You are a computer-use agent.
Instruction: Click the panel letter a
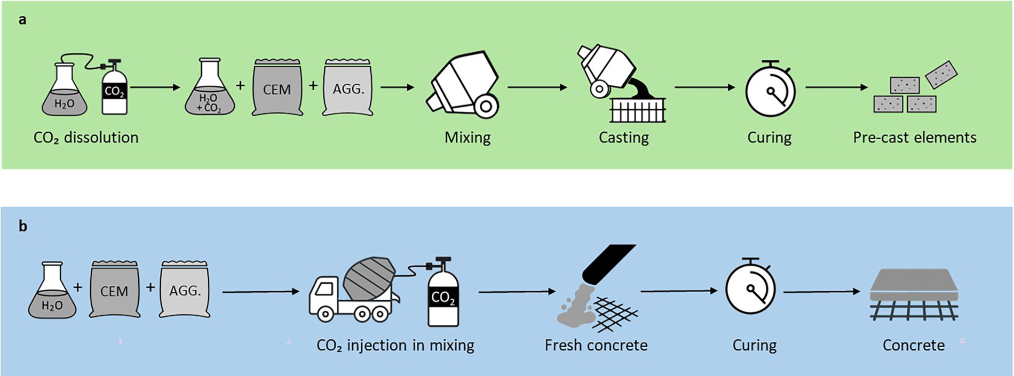pyautogui.click(x=22, y=20)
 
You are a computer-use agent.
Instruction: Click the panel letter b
pyautogui.click(x=23, y=226)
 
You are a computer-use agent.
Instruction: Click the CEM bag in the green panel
pyautogui.click(x=277, y=87)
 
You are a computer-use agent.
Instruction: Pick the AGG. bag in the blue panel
pyautogui.click(x=185, y=290)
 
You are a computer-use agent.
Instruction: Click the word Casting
pyautogui.click(x=623, y=138)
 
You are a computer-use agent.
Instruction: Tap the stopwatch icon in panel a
pyautogui.click(x=770, y=89)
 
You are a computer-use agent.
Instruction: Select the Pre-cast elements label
pyautogui.click(x=914, y=138)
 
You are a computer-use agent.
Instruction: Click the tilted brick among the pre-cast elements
pyautogui.click(x=941, y=74)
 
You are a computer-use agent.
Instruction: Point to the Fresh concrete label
pyautogui.click(x=596, y=346)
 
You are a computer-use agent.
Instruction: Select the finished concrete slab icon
pyautogui.click(x=914, y=294)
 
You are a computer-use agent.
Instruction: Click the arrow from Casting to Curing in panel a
pyautogui.click(x=705, y=87)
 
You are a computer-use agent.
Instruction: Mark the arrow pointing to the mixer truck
pyautogui.click(x=261, y=292)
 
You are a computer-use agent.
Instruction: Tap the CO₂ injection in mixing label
pyautogui.click(x=395, y=346)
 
